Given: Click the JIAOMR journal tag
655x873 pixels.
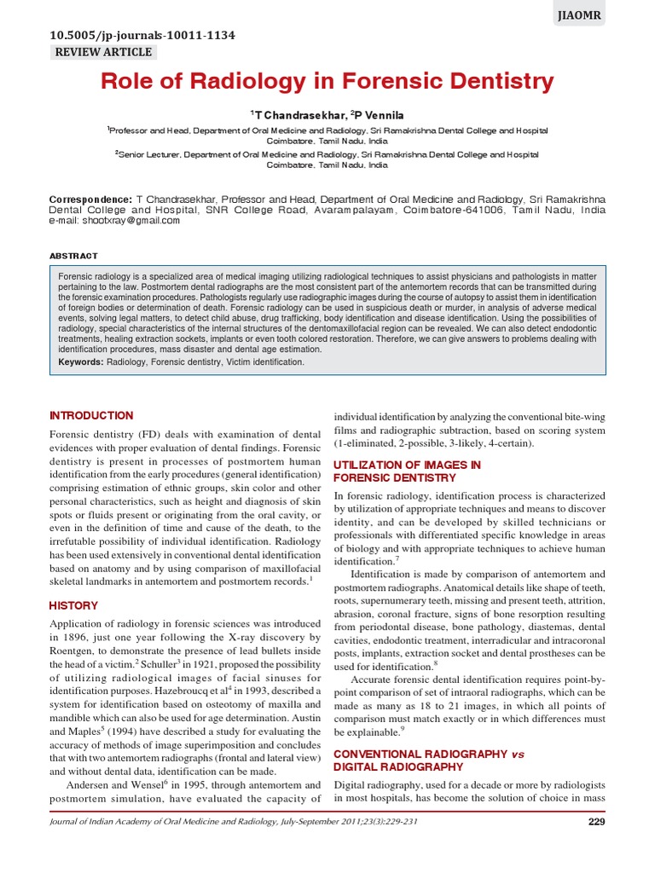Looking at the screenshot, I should point(582,14).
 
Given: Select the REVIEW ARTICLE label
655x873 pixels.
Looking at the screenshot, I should point(103,52).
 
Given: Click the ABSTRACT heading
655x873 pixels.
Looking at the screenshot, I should point(73,256).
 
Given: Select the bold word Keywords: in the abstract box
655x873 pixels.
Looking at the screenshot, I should point(81,362).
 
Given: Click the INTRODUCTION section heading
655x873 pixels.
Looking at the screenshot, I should point(91,416).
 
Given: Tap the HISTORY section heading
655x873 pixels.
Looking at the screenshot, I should point(74,605).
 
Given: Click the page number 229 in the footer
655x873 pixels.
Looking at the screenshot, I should point(597,822).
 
